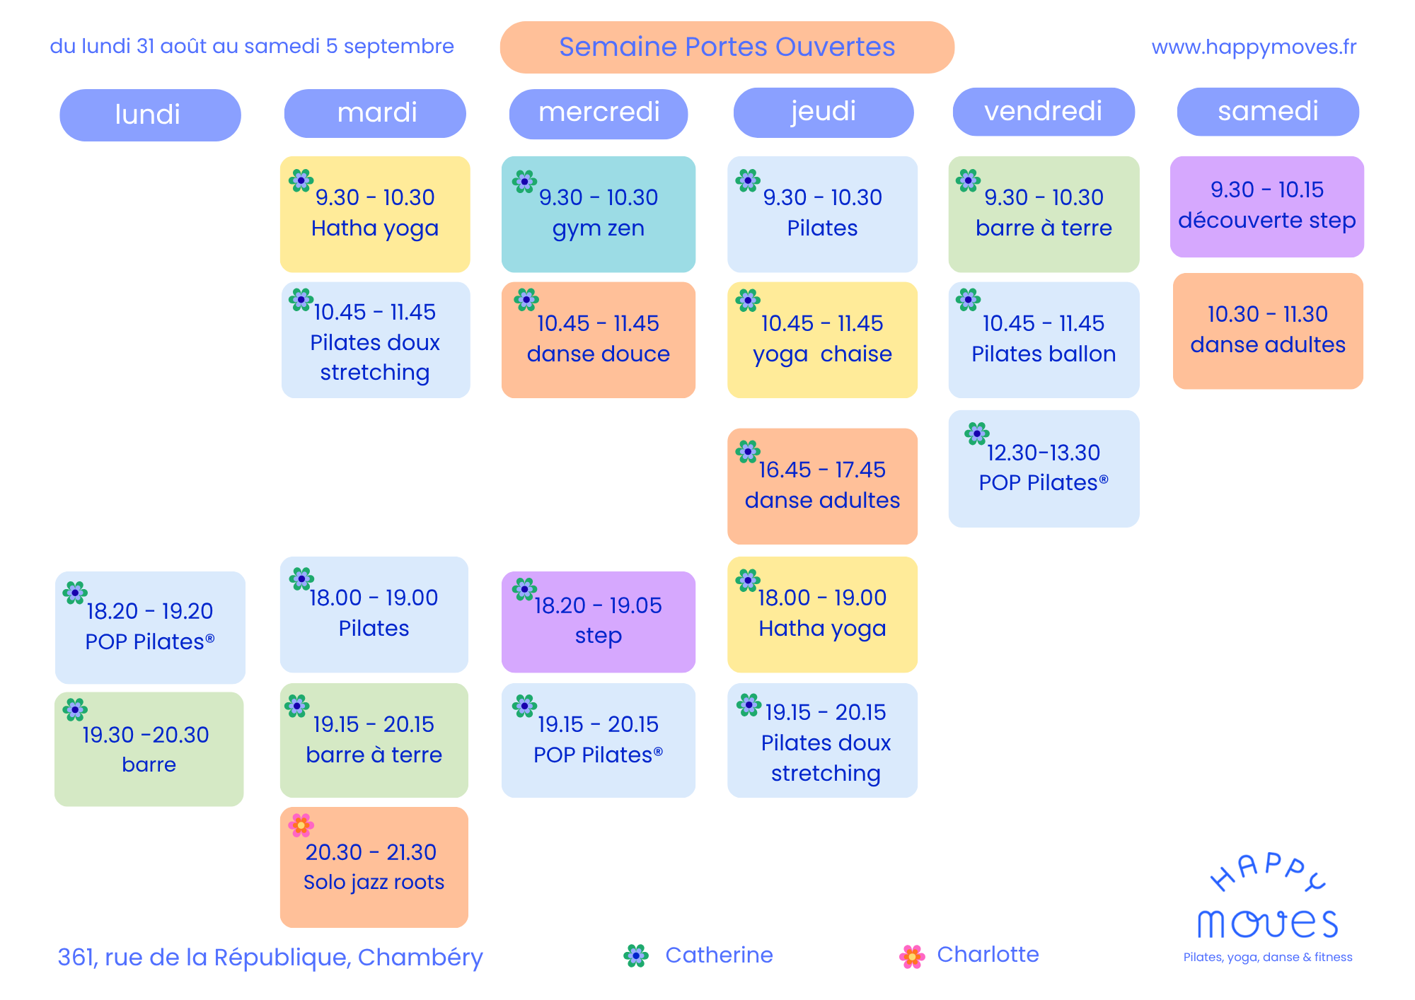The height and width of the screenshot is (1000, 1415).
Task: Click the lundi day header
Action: pyautogui.click(x=150, y=115)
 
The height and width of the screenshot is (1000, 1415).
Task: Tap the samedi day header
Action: pyautogui.click(x=1268, y=112)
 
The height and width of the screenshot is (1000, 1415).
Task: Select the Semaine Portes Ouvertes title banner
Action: pyautogui.click(x=727, y=47)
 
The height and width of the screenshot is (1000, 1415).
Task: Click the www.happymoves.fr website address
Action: pyautogui.click(x=1254, y=47)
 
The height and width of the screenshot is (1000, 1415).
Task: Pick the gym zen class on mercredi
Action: pyautogui.click(x=599, y=214)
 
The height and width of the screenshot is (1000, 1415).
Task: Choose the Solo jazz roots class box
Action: pyautogui.click(x=374, y=867)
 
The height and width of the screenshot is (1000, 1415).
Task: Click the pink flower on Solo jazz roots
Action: pyautogui.click(x=301, y=825)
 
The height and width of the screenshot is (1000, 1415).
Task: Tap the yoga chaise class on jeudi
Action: pyautogui.click(x=822, y=340)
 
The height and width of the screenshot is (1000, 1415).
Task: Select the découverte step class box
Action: pyautogui.click(x=1267, y=207)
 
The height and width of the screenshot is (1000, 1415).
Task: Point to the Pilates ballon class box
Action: pyautogui.click(x=1044, y=340)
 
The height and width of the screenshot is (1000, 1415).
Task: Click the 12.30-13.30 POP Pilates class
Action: pyautogui.click(x=1044, y=469)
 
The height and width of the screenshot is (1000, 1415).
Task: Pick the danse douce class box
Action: pyautogui.click(x=599, y=340)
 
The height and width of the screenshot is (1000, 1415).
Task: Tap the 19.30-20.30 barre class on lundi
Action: pyautogui.click(x=149, y=749)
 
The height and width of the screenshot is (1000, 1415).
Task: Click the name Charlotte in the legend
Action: pyautogui.click(x=988, y=955)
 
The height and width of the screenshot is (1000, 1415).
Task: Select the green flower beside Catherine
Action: pyautogui.click(x=636, y=956)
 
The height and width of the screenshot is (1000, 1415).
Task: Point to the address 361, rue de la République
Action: pyautogui.click(x=270, y=958)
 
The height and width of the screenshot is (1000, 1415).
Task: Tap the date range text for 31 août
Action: pyautogui.click(x=252, y=47)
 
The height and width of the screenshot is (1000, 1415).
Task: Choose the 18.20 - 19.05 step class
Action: pyautogui.click(x=599, y=622)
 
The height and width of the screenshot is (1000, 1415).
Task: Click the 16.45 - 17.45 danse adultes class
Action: pyautogui.click(x=822, y=487)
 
